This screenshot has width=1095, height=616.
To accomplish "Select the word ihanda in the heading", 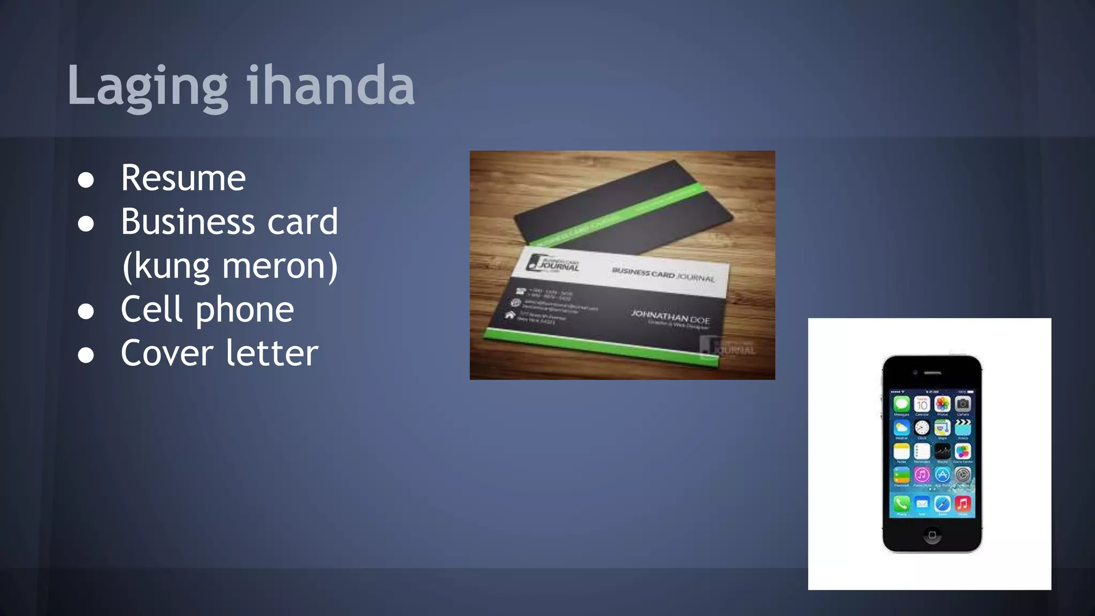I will click(330, 86).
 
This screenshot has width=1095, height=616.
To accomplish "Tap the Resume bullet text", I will click(183, 178).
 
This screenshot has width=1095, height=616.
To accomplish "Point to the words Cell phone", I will click(207, 310).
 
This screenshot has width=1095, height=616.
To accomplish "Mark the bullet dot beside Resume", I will click(86, 180).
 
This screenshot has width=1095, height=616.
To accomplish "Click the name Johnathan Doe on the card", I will click(670, 316).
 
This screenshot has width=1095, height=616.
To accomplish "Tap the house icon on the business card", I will click(510, 315).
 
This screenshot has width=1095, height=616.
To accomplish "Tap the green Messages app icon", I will click(901, 404).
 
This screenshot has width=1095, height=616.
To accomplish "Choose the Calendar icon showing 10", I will click(922, 404).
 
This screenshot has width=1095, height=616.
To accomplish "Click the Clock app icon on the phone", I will click(922, 427).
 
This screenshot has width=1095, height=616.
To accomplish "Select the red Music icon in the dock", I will click(962, 504).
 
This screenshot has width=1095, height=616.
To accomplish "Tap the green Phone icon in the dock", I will click(901, 504).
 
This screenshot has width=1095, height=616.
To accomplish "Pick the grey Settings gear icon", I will click(962, 474).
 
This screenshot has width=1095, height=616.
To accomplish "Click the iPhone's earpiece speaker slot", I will click(932, 372).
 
